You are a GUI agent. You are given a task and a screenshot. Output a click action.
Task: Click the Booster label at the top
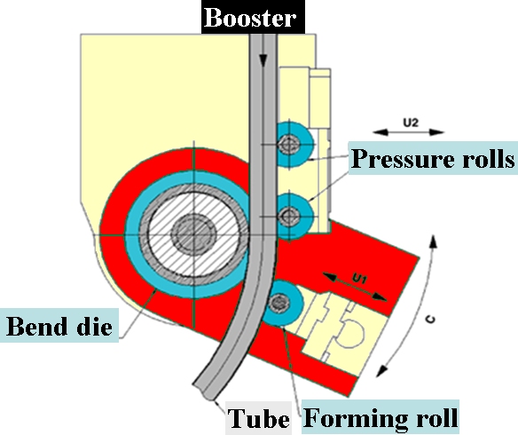pyautogui.click(x=250, y=18)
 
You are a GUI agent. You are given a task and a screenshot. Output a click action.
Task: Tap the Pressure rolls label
pyautogui.click(x=433, y=158)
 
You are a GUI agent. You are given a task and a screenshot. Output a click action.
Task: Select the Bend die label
pyautogui.click(x=59, y=326)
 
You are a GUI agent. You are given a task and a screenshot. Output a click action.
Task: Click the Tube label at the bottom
pyautogui.click(x=259, y=418)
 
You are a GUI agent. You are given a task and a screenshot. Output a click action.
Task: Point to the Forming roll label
pyautogui.click(x=381, y=417)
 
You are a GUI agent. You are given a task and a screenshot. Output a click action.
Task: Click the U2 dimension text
pyautogui.click(x=411, y=123)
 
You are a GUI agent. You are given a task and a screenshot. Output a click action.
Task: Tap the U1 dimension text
pyautogui.click(x=359, y=279)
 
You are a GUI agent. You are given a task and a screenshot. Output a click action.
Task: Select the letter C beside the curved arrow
pyautogui.click(x=430, y=320)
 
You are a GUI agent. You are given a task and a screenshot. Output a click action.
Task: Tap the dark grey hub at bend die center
pyautogui.click(x=194, y=234)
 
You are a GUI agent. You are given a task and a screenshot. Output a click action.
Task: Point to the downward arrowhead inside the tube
pyautogui.click(x=263, y=60)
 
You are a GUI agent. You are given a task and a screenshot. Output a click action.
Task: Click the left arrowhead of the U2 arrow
pyautogui.click(x=381, y=132)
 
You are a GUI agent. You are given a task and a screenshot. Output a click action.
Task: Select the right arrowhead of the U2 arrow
pyautogui.click(x=436, y=132)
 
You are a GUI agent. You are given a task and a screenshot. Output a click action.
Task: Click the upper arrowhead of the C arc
pyautogui.click(x=434, y=241)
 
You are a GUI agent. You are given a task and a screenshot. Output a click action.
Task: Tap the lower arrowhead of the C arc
pyautogui.click(x=382, y=371)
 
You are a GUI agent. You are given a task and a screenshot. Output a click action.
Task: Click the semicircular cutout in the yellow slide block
pyautogui.click(x=353, y=334)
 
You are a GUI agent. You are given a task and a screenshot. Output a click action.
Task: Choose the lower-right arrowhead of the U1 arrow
pyautogui.click(x=380, y=297)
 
